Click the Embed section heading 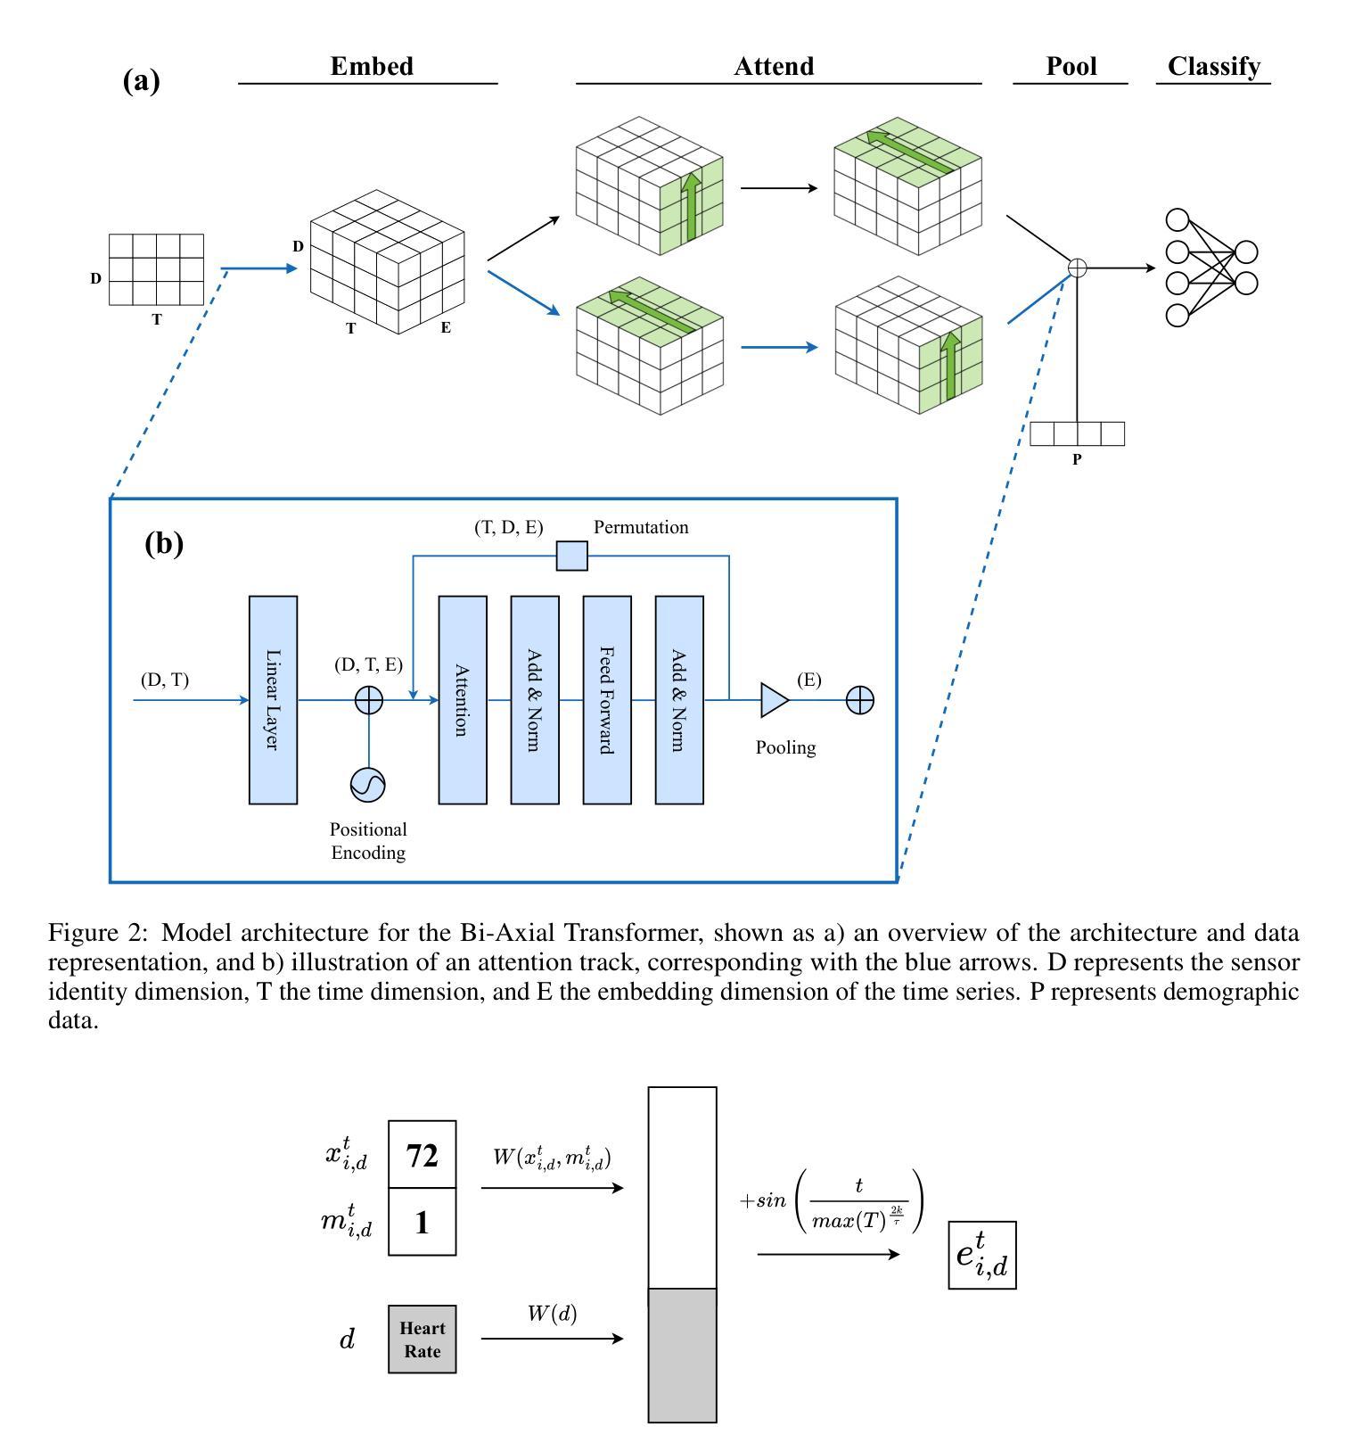[372, 67]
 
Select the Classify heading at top [1214, 67]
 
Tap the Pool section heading [1071, 67]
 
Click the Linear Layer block [273, 700]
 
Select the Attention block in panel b [463, 700]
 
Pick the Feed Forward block [607, 700]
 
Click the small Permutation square [572, 556]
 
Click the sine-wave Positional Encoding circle [368, 785]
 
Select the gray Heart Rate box [423, 1339]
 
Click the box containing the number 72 [423, 1155]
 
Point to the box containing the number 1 [423, 1222]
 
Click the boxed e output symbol [982, 1255]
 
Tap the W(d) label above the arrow [552, 1314]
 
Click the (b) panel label [164, 543]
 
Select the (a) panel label [141, 81]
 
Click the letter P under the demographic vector [1077, 460]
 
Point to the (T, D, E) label [509, 527]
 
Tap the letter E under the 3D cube [446, 327]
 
